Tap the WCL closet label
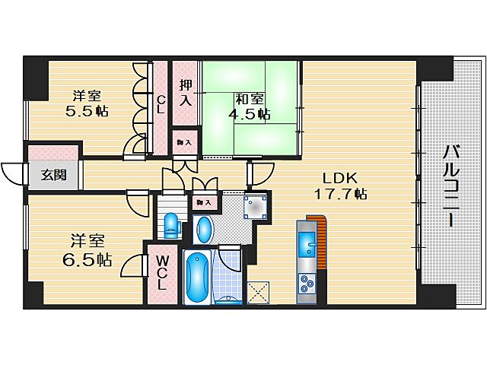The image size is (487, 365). [x=162, y=273]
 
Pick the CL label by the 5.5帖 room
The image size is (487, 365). [x=161, y=103]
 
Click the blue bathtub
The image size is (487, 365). [x=197, y=277]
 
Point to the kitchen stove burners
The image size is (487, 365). [x=308, y=284]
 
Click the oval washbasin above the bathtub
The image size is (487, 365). [x=203, y=228]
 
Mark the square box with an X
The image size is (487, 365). [x=258, y=292]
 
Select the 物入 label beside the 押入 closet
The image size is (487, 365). [x=184, y=141]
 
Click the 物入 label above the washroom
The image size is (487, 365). [x=202, y=202]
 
